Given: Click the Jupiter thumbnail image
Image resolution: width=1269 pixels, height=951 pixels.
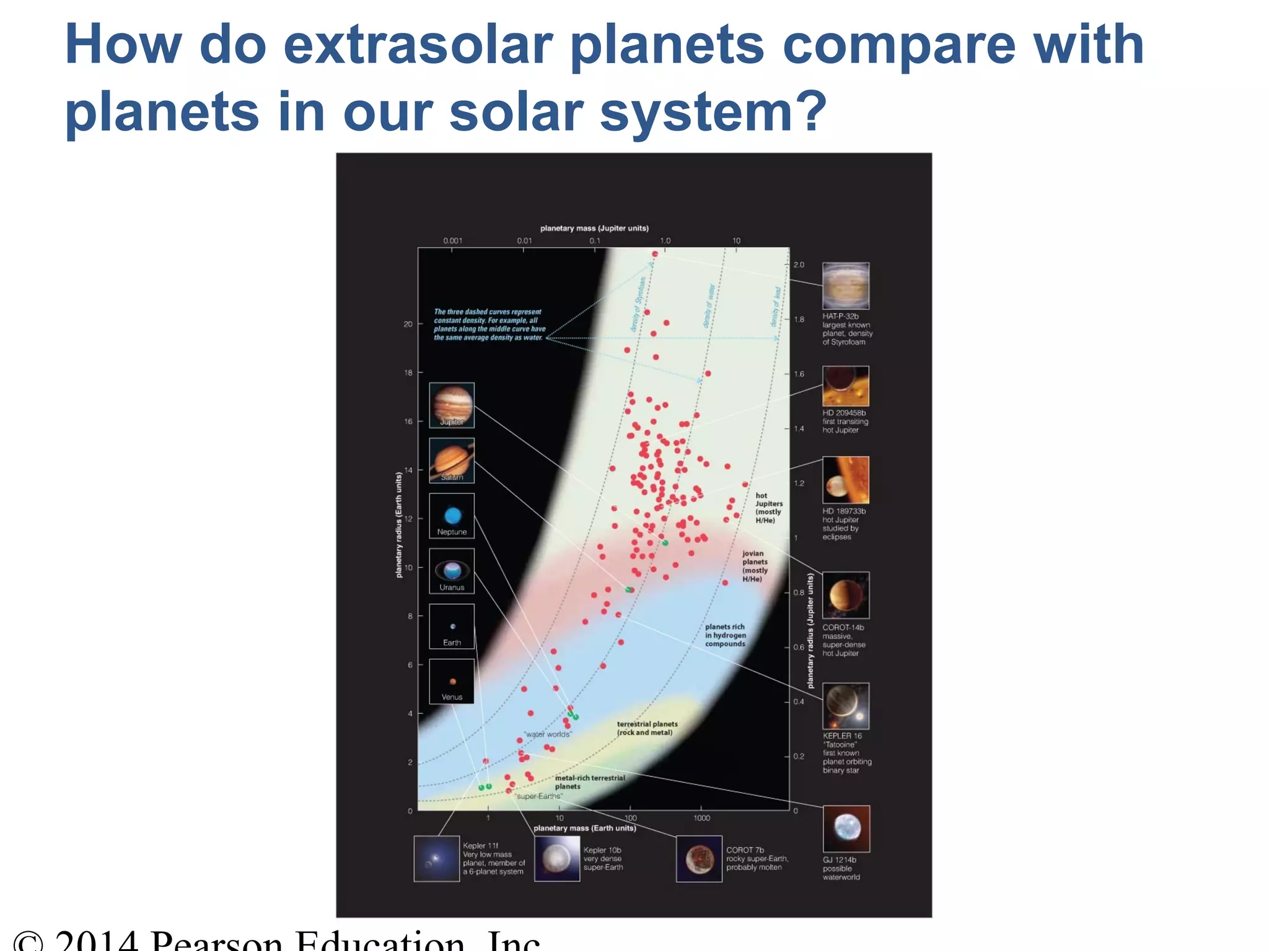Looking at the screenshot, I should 452,405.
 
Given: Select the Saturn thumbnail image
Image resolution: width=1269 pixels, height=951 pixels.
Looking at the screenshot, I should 452,460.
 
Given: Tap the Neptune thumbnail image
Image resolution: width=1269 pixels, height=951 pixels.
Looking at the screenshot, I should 452,515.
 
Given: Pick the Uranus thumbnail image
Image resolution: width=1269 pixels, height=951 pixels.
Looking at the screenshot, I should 452,570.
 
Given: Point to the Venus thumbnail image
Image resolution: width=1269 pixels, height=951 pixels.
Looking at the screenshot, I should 452,681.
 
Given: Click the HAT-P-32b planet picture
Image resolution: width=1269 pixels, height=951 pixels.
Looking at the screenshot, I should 846,285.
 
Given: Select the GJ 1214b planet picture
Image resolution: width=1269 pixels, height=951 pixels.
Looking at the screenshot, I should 846,828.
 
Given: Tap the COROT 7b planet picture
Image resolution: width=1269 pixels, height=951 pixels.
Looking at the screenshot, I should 699,859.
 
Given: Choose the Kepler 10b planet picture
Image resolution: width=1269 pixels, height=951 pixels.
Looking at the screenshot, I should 557,859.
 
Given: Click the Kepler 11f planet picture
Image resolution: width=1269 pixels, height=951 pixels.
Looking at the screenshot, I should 437,859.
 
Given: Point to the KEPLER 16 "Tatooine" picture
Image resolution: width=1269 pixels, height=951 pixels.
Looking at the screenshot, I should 846,706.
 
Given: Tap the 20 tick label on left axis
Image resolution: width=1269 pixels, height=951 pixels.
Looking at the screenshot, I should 408,324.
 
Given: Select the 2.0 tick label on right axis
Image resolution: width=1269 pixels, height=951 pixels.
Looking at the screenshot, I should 799,265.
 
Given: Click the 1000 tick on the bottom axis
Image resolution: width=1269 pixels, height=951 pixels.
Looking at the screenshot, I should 701,819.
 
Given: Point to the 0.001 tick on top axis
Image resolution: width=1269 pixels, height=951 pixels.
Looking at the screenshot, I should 452,241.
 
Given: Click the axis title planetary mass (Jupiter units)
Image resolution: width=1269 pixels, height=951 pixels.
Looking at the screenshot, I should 594,228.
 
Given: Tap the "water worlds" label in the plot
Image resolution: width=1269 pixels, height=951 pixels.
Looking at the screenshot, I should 548,734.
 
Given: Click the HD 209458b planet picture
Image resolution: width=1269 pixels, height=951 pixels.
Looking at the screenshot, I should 846,386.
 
